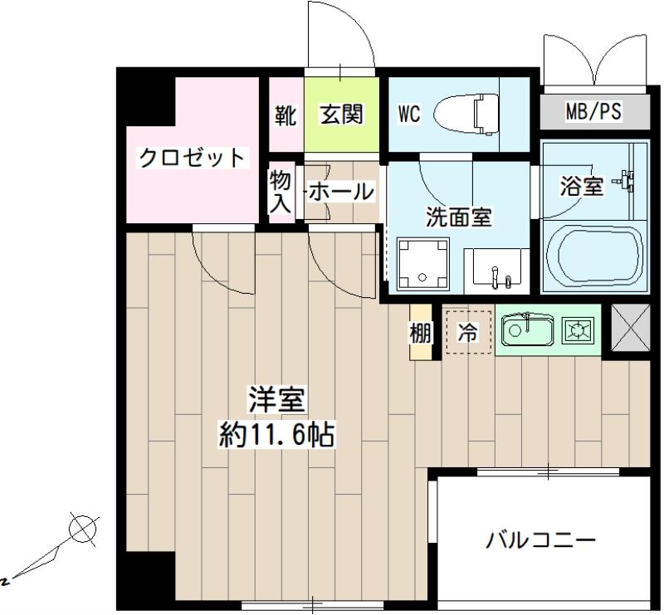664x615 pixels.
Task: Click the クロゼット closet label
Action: pyautogui.click(x=192, y=157)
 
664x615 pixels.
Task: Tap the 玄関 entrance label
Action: pyautogui.click(x=342, y=114)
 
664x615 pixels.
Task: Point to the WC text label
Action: pyautogui.click(x=409, y=114)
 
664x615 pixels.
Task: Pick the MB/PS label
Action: pyautogui.click(x=593, y=110)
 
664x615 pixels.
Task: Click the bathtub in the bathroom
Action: pyautogui.click(x=595, y=257)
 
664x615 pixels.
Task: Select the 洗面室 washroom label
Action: pyautogui.click(x=458, y=217)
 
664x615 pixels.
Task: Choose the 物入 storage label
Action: pyautogui.click(x=281, y=190)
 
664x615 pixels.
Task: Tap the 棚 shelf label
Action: pyautogui.click(x=420, y=333)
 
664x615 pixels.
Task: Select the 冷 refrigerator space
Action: pyautogui.click(x=468, y=333)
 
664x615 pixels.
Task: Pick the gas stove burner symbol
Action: pyautogui.click(x=579, y=331)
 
